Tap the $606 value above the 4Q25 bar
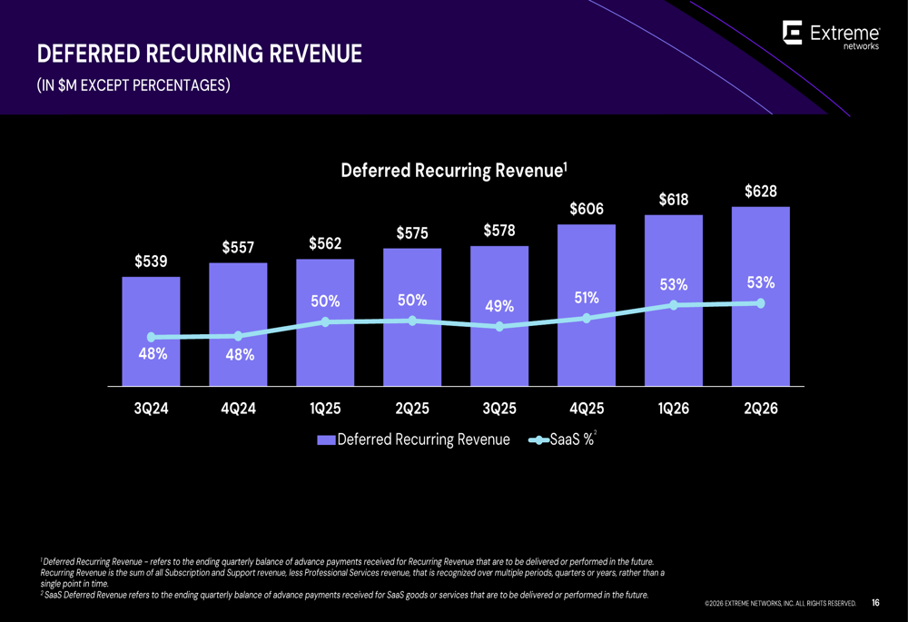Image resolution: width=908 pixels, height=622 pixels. (x=587, y=210)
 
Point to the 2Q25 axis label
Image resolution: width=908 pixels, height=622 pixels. (x=412, y=410)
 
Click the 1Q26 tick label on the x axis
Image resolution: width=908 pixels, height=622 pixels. (x=673, y=410)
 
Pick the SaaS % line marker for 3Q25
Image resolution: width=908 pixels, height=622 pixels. (x=499, y=327)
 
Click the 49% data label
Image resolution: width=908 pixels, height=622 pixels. (x=498, y=307)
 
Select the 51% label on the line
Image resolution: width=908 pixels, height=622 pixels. (x=586, y=298)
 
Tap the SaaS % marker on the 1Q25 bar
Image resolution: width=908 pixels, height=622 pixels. (x=325, y=321)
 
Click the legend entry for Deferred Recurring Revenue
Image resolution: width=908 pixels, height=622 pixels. (x=414, y=440)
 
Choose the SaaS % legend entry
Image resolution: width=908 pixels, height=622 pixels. (x=563, y=440)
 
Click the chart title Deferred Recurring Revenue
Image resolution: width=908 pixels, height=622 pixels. (x=454, y=171)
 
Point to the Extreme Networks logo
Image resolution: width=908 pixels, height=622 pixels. (x=830, y=35)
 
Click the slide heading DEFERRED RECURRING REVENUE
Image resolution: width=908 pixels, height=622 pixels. (x=199, y=54)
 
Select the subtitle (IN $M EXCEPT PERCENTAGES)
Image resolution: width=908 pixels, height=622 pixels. (x=133, y=86)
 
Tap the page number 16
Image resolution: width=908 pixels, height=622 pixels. (x=875, y=602)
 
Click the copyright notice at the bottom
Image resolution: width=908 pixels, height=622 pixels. (x=780, y=603)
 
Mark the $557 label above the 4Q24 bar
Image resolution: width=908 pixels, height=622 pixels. (x=238, y=248)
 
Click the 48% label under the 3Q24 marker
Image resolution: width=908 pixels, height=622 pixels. (x=152, y=355)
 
